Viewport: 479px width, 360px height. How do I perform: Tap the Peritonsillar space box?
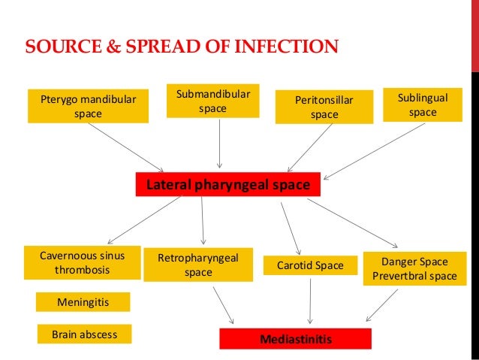pos(324,107)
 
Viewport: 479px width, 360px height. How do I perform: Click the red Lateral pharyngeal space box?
pos(227,184)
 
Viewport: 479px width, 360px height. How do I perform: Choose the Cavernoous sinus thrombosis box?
pos(82,262)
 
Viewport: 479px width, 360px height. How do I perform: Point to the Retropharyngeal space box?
pos(198,265)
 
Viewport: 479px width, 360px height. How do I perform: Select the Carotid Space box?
pos(309,265)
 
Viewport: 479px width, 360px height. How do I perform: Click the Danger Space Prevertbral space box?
pos(414,268)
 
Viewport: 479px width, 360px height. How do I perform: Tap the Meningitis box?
pos(83,301)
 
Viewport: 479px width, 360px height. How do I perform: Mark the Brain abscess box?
pos(84,334)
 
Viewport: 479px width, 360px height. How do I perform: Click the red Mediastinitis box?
pos(295,339)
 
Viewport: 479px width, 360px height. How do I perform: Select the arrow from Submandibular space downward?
pos(219,143)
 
